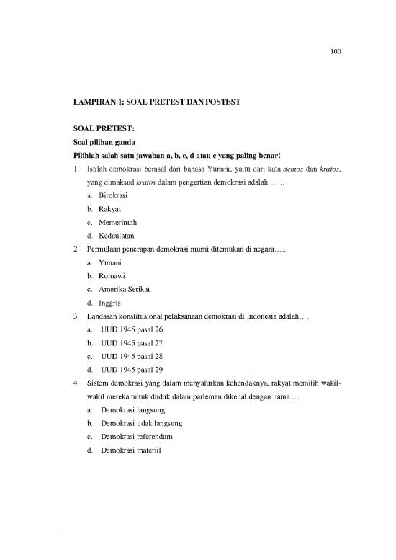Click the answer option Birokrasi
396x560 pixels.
(115, 195)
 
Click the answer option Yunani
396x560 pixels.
(111, 262)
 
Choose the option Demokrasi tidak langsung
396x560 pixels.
(142, 423)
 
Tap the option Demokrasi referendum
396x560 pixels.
(137, 437)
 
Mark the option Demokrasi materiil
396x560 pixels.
(133, 450)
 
